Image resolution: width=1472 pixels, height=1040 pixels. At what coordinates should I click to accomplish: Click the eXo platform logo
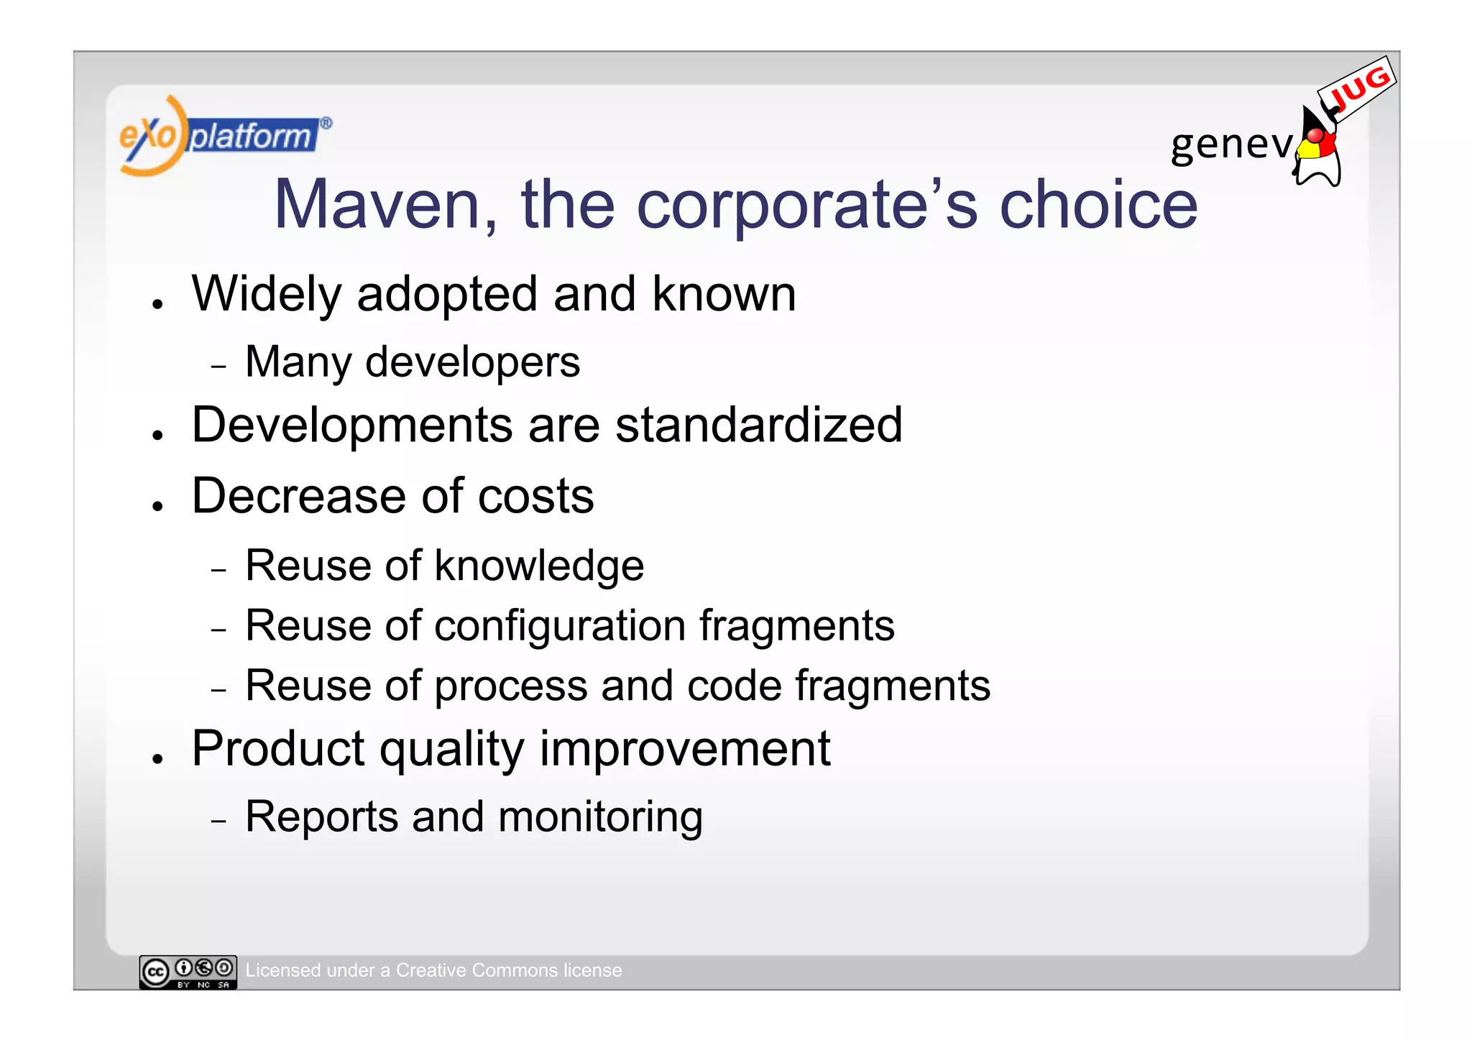pyautogui.click(x=224, y=136)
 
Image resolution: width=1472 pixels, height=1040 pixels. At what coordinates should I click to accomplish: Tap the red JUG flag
pyautogui.click(x=1358, y=89)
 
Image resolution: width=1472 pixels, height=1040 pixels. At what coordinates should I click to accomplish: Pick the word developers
pyautogui.click(x=472, y=362)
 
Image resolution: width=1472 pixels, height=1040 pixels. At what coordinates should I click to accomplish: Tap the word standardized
pyautogui.click(x=759, y=425)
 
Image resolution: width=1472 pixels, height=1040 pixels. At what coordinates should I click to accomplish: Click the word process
pyautogui.click(x=511, y=686)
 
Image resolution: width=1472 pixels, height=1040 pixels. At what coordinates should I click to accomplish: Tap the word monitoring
pyautogui.click(x=600, y=817)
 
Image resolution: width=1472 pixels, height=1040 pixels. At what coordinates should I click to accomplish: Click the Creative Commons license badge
pyautogui.click(x=188, y=972)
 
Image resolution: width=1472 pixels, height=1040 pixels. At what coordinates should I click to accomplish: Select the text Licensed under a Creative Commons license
pyautogui.click(x=433, y=970)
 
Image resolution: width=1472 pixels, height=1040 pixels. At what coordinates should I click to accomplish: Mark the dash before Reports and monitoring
pyautogui.click(x=219, y=820)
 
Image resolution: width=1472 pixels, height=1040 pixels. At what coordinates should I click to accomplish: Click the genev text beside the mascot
pyautogui.click(x=1231, y=144)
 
